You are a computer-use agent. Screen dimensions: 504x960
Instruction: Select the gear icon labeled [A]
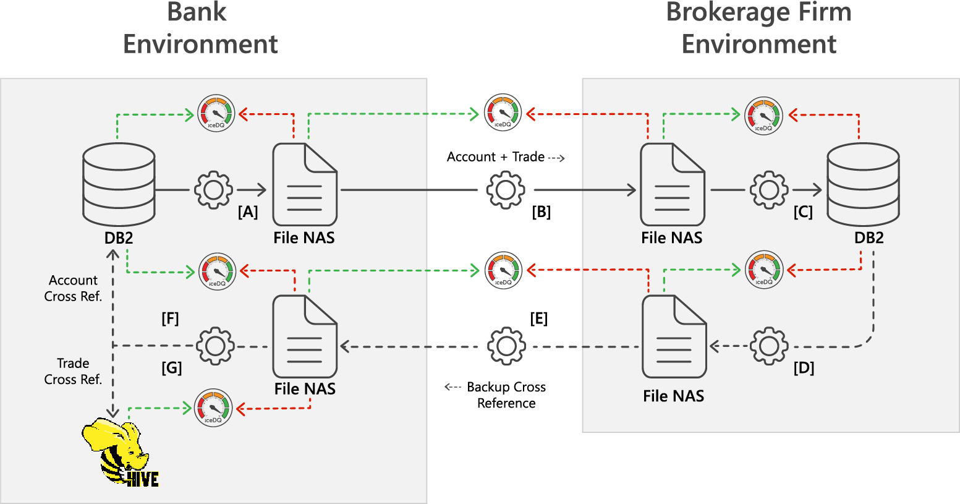coord(213,190)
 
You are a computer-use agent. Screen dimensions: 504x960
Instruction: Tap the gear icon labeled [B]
coord(505,190)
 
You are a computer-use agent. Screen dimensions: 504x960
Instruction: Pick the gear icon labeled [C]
coord(769,190)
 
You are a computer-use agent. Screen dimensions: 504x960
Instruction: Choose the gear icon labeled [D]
coord(769,346)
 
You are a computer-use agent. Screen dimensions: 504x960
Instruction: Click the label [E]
coord(538,318)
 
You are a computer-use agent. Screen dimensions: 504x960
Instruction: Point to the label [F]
coord(170,318)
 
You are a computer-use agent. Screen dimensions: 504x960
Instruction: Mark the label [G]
coord(171,368)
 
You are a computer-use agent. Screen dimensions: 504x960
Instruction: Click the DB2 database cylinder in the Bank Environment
coord(119,184)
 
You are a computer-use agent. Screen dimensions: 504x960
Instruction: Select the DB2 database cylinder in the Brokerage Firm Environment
coord(863,184)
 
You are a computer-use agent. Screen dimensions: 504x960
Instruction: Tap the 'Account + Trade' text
coord(496,157)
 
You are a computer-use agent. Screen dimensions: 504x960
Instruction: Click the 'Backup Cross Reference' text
coord(506,395)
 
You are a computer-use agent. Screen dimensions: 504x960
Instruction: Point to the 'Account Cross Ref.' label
coord(73,288)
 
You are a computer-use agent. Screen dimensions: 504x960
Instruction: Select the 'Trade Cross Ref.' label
coord(73,371)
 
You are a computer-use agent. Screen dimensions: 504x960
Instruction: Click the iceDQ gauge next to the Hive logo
coord(213,408)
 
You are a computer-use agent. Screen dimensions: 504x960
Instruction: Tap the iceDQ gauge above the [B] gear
coord(503,113)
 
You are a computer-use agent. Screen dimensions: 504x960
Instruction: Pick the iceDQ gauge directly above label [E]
coord(503,270)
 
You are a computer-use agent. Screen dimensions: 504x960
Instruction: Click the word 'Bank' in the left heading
coord(197,12)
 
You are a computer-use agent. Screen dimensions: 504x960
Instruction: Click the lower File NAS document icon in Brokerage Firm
coord(674,336)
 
